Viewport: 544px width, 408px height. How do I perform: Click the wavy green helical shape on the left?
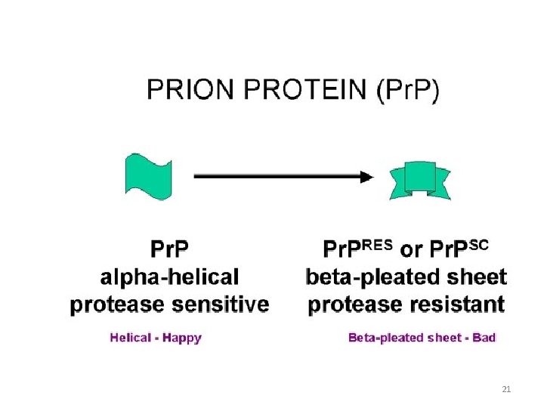coord(147,175)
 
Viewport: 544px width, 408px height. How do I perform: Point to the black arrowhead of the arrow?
coord(366,177)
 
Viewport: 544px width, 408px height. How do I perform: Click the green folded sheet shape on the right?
coord(420,179)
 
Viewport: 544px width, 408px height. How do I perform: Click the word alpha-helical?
coord(169,277)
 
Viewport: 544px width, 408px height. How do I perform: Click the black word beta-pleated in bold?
coord(367,277)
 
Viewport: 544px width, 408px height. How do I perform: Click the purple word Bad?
coord(484,338)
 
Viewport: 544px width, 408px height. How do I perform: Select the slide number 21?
coord(506,389)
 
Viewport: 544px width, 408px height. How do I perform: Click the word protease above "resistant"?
coord(354,304)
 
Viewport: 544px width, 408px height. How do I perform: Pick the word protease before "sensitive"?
coord(116,304)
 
